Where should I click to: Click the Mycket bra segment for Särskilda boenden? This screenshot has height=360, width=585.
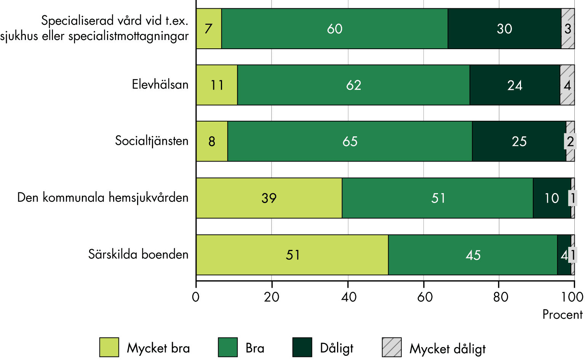coord(292,254)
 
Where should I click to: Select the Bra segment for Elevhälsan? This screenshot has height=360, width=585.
coord(353,85)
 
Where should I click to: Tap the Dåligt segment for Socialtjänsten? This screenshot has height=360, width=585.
coord(519,141)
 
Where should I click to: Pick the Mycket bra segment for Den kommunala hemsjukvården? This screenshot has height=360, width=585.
coord(269,198)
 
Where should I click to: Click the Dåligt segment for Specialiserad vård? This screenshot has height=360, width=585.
coord(504,29)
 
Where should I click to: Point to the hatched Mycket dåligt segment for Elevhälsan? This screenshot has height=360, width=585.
coord(567,85)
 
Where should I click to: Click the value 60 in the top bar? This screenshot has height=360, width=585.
coord(335,29)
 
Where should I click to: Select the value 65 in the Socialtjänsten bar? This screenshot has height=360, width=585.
coord(350,142)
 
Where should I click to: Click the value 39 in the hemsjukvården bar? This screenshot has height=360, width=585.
coord(269,198)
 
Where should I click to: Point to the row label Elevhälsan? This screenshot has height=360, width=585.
coord(160,84)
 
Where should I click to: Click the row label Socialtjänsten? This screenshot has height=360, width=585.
coord(152,141)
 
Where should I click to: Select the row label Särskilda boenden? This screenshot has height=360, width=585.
coord(138,254)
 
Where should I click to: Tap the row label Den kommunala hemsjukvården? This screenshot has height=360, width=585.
coord(103,198)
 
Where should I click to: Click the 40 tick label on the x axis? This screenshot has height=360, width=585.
coord(348,297)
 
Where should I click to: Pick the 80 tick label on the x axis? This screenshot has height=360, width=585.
coord(500,297)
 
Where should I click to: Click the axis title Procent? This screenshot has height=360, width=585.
coord(562,315)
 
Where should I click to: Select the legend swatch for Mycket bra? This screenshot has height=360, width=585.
coord(109,347)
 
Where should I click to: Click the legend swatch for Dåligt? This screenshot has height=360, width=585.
coord(302,347)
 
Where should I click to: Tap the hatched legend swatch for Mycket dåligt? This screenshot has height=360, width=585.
coord(392,347)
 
